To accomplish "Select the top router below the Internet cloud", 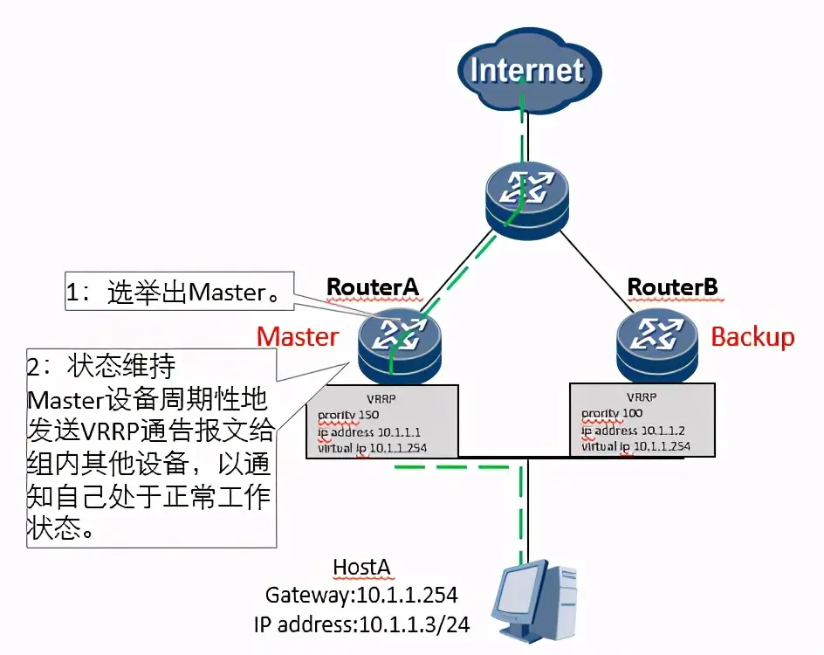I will point(526,199).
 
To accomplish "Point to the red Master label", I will point(298,337).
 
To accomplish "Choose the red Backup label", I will point(752,337).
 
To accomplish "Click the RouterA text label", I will point(373,286).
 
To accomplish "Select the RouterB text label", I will point(672,286).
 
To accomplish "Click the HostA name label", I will point(361,567).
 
